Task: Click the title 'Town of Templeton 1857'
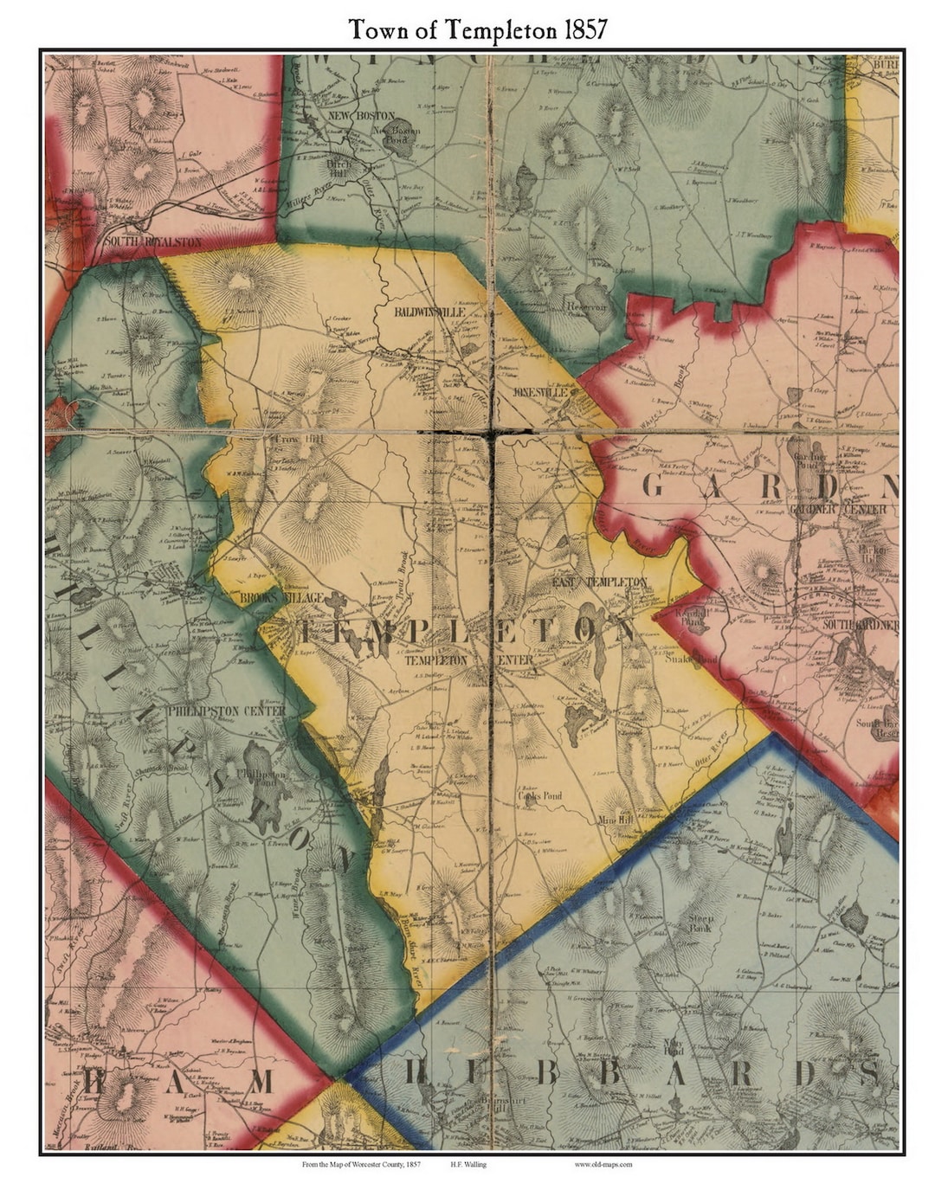click(478, 29)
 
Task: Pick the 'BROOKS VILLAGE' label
click(270, 598)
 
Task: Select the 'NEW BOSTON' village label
click(362, 115)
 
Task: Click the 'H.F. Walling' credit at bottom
click(468, 1165)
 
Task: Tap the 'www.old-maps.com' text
click(603, 1165)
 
